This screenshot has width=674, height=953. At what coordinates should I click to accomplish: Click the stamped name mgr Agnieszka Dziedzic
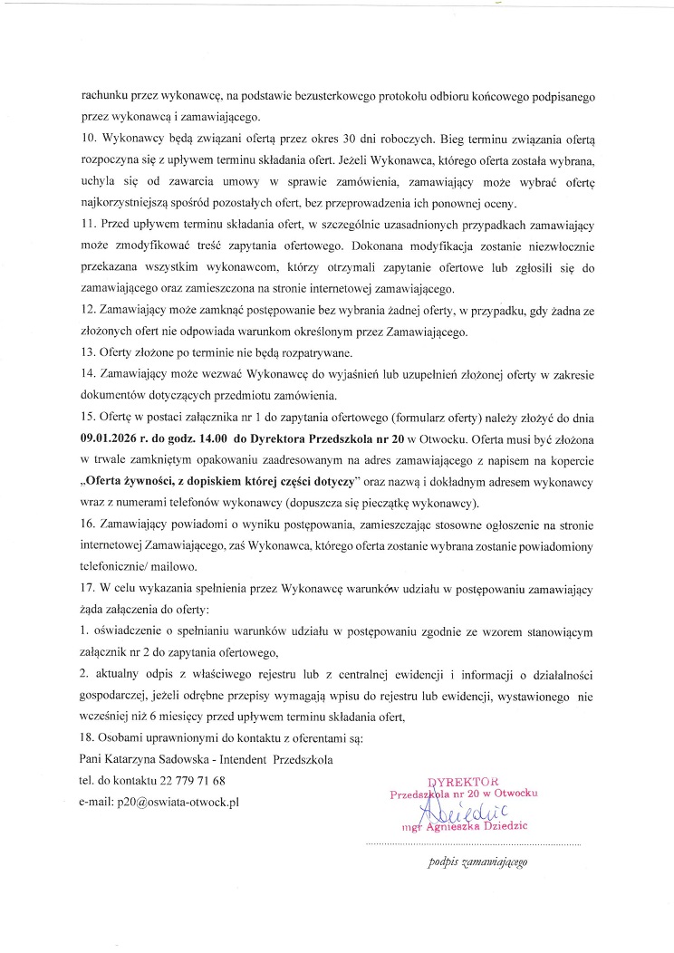pyautogui.click(x=471, y=826)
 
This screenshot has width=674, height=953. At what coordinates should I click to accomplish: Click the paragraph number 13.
pyautogui.click(x=87, y=353)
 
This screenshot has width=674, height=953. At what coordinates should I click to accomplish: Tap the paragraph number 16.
pyautogui.click(x=87, y=524)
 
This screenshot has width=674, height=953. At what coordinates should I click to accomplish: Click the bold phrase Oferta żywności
pyautogui.click(x=134, y=481)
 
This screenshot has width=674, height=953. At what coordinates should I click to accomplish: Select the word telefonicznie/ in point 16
pyautogui.click(x=118, y=566)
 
